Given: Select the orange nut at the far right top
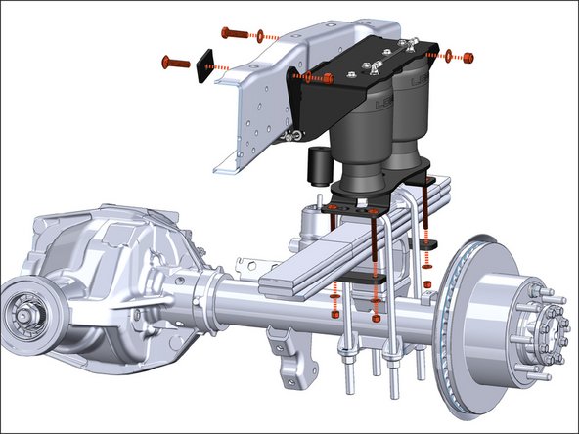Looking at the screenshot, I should [x=466, y=54].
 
